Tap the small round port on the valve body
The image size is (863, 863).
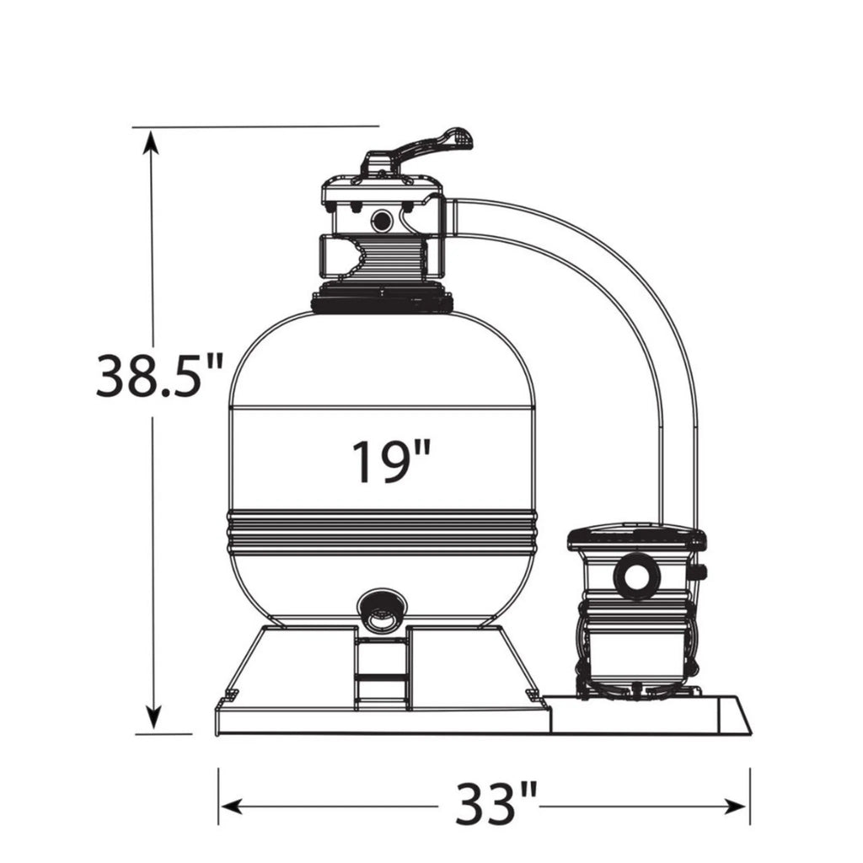pyautogui.click(x=381, y=221)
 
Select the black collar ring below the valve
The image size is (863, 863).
pyautogui.click(x=382, y=300)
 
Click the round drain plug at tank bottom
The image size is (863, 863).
pyautogui.click(x=382, y=611)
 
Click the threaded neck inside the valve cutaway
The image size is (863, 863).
pyautogui.click(x=392, y=257)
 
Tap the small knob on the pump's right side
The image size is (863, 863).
pyautogui.click(x=700, y=573)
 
